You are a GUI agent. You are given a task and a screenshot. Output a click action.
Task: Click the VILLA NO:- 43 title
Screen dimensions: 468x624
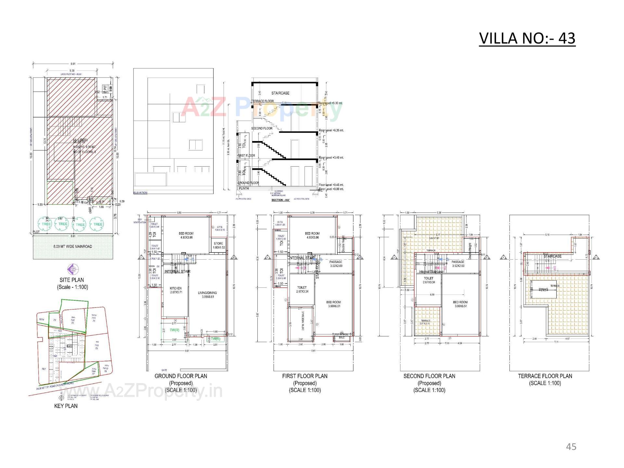527,38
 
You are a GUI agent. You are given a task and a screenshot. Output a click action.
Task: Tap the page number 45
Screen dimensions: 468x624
571,447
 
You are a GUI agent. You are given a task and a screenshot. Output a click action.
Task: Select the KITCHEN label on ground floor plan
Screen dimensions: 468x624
175,290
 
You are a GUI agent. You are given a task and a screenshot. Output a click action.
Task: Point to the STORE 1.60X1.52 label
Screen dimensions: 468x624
218,245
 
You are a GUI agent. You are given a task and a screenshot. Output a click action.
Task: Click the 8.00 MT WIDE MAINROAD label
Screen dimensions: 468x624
73,246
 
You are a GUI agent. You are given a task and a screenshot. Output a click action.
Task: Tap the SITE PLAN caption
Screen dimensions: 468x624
72,280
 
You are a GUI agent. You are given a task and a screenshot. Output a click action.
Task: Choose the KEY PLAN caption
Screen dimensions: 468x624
66,406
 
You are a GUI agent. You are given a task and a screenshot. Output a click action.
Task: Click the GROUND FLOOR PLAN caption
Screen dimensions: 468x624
181,376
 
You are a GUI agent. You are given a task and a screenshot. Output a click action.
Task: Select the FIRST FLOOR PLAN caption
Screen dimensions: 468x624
305,376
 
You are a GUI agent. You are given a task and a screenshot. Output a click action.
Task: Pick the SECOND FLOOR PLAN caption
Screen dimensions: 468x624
429,376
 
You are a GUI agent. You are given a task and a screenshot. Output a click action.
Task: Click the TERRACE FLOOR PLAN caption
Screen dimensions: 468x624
545,376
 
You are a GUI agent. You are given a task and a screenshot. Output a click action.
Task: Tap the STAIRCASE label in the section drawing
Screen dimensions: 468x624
280,93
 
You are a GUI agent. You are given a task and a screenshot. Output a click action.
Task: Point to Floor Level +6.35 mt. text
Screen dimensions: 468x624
331,130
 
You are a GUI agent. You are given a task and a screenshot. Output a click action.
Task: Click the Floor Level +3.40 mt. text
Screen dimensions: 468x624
331,158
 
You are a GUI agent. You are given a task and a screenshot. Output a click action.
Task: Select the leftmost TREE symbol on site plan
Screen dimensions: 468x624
46,224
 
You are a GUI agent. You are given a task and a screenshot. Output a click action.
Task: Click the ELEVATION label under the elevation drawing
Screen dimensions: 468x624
140,193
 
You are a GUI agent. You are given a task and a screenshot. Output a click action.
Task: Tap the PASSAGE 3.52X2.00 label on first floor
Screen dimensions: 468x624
336,264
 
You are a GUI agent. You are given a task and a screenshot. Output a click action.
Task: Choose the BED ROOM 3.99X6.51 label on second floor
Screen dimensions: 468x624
460,304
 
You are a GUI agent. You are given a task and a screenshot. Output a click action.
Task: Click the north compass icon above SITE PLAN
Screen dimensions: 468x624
72,269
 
